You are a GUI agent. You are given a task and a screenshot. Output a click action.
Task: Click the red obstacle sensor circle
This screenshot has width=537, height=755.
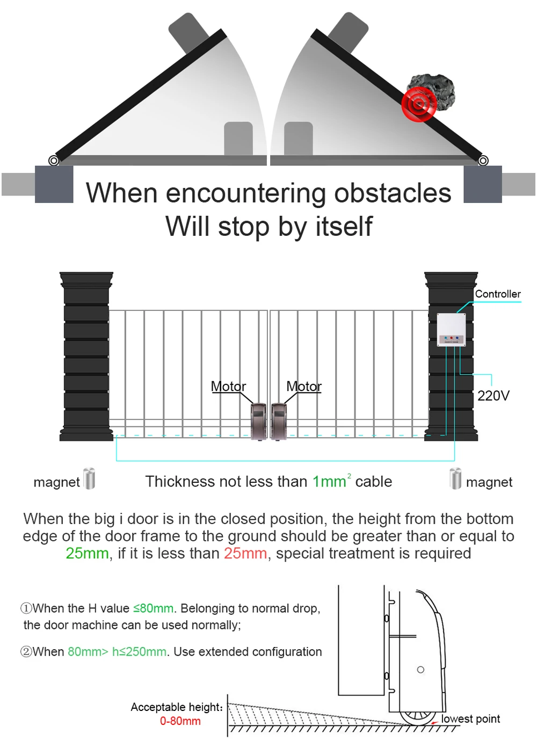point(419,103)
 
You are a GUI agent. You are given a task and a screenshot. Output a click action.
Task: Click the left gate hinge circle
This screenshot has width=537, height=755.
point(54,160)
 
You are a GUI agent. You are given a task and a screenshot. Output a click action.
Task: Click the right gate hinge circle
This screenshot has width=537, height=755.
point(483,160)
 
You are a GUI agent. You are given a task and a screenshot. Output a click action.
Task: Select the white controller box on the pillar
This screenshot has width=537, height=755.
point(451,329)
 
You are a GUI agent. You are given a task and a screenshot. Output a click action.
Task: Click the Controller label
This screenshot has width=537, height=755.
point(498,294)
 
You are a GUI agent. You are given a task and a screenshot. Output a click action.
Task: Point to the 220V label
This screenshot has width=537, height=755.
point(493,396)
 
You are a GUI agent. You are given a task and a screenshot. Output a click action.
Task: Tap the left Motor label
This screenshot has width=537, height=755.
point(228,386)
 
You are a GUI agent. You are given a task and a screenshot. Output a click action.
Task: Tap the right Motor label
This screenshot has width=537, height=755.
point(304,386)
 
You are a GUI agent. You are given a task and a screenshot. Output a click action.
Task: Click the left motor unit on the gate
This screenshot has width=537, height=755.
point(258,422)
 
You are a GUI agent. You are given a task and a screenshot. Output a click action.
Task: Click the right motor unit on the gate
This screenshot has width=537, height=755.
point(279,422)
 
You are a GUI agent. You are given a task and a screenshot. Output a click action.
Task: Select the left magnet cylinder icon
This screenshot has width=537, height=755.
point(89,478)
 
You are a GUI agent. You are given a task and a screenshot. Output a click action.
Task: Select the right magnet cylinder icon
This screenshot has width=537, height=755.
point(455,478)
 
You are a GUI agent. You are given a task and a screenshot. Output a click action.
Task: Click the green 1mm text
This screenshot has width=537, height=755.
point(329,482)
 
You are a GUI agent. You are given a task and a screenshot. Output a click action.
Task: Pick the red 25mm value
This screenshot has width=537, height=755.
point(245,553)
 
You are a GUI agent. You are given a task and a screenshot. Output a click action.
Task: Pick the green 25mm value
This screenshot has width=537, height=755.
point(87,553)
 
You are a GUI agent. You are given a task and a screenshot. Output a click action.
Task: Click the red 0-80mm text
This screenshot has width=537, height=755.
point(180,721)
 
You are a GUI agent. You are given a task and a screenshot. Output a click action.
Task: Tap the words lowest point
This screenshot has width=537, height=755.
point(470,718)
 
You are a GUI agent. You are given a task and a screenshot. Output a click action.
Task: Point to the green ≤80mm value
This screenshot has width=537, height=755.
point(154,608)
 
